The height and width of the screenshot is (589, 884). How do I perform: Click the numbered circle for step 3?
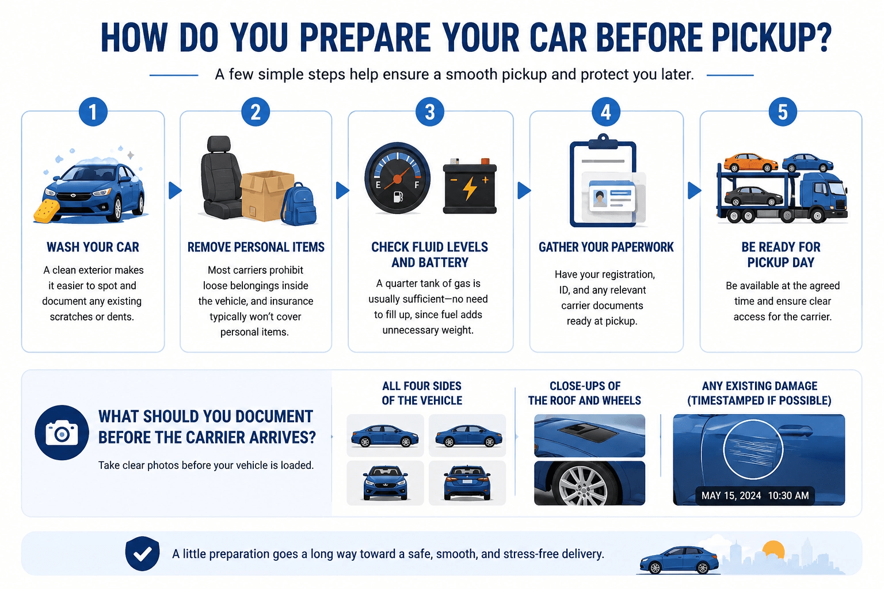point(430,112)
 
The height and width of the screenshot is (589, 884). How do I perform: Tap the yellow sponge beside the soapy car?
point(47,211)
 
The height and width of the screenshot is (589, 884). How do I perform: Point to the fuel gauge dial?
point(398,178)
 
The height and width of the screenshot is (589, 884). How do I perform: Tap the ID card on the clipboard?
point(612,197)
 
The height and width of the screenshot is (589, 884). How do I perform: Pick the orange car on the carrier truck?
point(750,163)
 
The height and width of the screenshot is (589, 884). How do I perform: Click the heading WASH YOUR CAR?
point(93,247)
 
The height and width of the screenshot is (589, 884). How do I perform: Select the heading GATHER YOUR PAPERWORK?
point(606,247)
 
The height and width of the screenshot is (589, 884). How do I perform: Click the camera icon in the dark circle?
point(62,433)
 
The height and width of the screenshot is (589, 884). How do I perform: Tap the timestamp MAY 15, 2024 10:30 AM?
point(755,495)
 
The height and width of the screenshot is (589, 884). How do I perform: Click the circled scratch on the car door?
point(753,449)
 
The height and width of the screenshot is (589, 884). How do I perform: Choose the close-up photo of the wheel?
point(589,483)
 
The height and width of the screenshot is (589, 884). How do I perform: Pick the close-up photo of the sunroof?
point(589,435)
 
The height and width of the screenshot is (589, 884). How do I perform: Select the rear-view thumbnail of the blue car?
point(467,483)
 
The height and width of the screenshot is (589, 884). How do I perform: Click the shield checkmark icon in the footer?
point(143,553)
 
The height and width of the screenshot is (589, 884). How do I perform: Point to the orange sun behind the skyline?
point(773,549)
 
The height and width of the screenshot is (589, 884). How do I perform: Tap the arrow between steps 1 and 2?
point(175,190)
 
